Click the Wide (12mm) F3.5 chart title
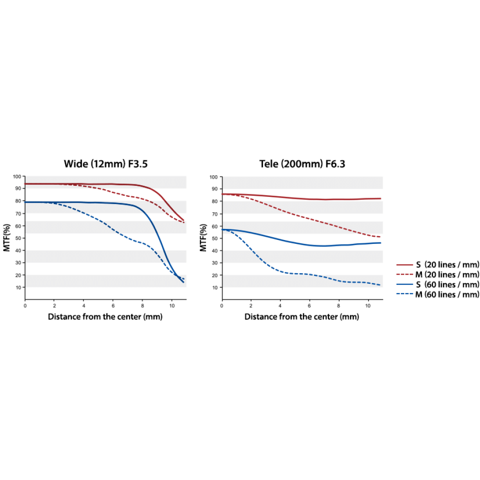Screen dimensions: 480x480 tap(106, 164)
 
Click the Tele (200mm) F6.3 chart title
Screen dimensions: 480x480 tap(302, 164)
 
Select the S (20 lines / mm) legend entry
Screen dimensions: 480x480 tap(438, 264)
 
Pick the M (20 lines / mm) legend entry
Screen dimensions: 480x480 tap(438, 274)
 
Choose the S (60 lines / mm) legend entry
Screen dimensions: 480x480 tap(438, 284)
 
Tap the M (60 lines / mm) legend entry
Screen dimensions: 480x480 tap(438, 294)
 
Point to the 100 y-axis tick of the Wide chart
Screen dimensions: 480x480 tap(17, 176)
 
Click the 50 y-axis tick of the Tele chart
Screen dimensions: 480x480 tap(215, 239)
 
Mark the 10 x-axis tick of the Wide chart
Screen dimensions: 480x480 tap(172, 305)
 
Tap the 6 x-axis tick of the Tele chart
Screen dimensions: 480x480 tap(309, 305)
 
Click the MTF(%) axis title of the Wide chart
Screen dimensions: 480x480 tap(7, 238)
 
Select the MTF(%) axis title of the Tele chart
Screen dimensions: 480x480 tap(203, 238)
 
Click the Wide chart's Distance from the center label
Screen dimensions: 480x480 tap(105, 316)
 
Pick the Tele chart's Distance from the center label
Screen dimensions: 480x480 tap(301, 316)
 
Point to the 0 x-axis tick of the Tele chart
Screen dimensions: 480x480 tap(222, 305)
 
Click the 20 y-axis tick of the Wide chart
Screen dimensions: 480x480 tap(18, 275)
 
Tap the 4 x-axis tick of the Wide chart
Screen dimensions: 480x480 tap(84, 305)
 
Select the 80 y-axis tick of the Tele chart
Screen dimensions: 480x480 tap(215, 201)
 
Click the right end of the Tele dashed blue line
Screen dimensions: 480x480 tap(380, 285)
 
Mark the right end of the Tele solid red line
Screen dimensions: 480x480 tap(381, 198)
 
